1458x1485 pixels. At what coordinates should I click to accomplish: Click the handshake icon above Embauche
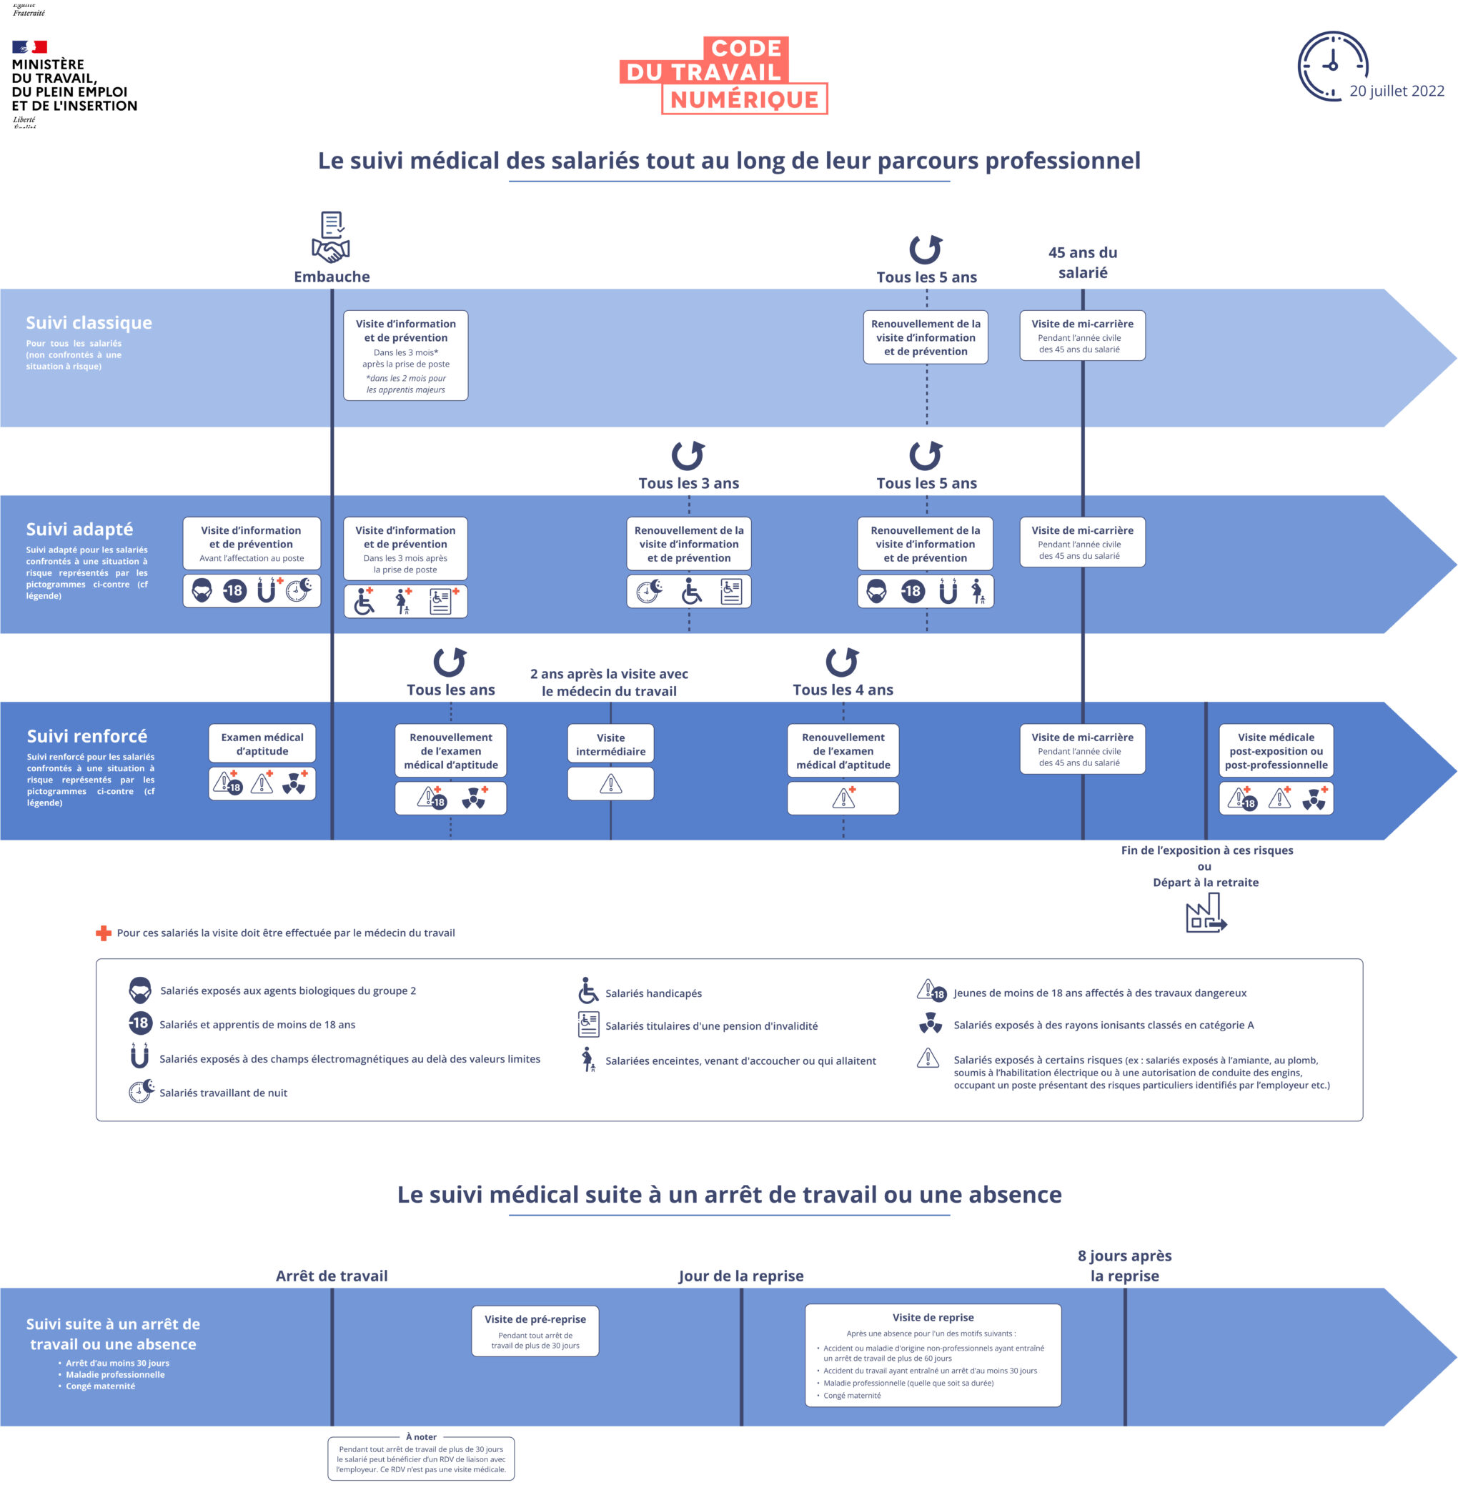(x=331, y=249)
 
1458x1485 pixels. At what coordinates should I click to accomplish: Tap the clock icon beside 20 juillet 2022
(x=1332, y=66)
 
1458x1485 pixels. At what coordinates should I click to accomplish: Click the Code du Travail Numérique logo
(x=723, y=75)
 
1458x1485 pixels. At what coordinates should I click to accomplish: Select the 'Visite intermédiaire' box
(x=610, y=744)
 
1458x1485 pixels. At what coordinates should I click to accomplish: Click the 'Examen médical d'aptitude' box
(x=262, y=744)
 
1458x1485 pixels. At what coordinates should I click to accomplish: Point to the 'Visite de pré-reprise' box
(x=535, y=1331)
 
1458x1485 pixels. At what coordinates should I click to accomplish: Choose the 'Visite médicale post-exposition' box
(x=1276, y=750)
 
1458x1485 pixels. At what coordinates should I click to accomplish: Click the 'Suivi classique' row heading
(x=89, y=322)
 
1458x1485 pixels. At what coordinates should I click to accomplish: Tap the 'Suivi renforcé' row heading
(x=86, y=736)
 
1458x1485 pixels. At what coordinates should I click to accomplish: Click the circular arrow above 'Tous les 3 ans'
(x=688, y=455)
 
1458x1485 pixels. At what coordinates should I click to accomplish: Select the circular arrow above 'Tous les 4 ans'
(x=843, y=662)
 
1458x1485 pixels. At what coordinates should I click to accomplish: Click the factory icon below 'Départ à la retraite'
(x=1205, y=915)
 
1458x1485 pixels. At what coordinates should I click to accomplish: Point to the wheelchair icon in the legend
(x=588, y=990)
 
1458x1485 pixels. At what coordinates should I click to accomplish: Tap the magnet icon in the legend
(x=139, y=1056)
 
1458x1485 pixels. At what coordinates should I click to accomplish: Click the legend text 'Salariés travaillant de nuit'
(x=223, y=1093)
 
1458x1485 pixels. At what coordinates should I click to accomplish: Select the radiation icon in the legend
(x=930, y=1023)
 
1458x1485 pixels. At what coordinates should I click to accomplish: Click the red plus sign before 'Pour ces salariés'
(x=104, y=933)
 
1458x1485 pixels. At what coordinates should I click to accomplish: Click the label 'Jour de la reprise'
(x=740, y=1276)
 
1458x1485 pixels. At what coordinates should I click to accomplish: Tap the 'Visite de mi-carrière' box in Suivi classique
(x=1082, y=335)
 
